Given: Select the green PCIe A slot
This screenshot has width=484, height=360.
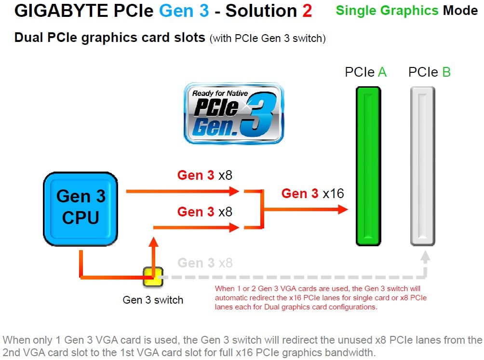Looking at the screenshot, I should click(x=369, y=166).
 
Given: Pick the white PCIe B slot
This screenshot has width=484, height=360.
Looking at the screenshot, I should click(x=423, y=166).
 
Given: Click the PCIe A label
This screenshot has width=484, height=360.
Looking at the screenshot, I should click(x=365, y=72).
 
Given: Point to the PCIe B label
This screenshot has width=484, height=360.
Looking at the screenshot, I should click(x=429, y=72).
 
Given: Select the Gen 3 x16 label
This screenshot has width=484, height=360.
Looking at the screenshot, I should click(x=312, y=194).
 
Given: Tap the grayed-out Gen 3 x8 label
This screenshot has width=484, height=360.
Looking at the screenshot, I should click(x=205, y=263).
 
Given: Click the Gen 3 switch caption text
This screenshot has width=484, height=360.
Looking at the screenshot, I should click(x=153, y=300).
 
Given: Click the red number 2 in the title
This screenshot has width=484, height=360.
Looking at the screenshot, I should click(x=307, y=11).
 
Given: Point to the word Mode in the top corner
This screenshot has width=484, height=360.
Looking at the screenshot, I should click(x=461, y=10).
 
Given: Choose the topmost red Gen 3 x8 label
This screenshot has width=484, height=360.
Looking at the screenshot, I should click(x=204, y=175).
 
